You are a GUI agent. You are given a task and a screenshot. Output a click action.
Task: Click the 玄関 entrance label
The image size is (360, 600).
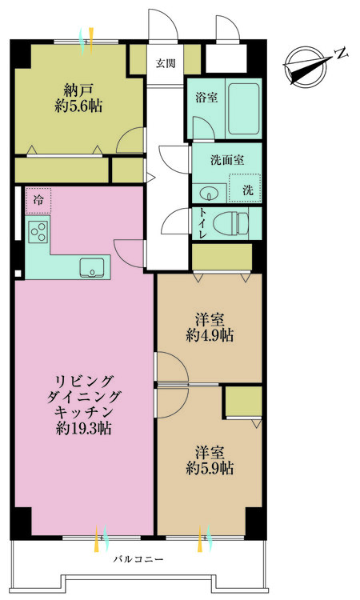point(166,63)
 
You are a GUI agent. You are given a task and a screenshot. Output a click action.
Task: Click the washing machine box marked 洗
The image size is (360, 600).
point(247,190)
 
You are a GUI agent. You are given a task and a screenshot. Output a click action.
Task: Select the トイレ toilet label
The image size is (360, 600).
point(202,224)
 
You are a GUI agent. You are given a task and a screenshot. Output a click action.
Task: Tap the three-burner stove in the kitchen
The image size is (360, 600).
point(38,232)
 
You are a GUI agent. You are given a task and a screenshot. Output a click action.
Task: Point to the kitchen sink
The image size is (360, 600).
point(93,266)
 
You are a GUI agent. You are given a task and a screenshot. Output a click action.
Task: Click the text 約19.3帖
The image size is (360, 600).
point(84,428)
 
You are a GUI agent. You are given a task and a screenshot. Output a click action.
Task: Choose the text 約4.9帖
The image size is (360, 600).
point(209,336)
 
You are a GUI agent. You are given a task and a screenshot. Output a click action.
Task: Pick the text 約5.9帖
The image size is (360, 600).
point(209,466)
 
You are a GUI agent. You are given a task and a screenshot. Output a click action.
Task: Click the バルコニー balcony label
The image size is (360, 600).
point(138,559)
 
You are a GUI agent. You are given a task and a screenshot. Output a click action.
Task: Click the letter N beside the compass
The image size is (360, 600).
point(341,54)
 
